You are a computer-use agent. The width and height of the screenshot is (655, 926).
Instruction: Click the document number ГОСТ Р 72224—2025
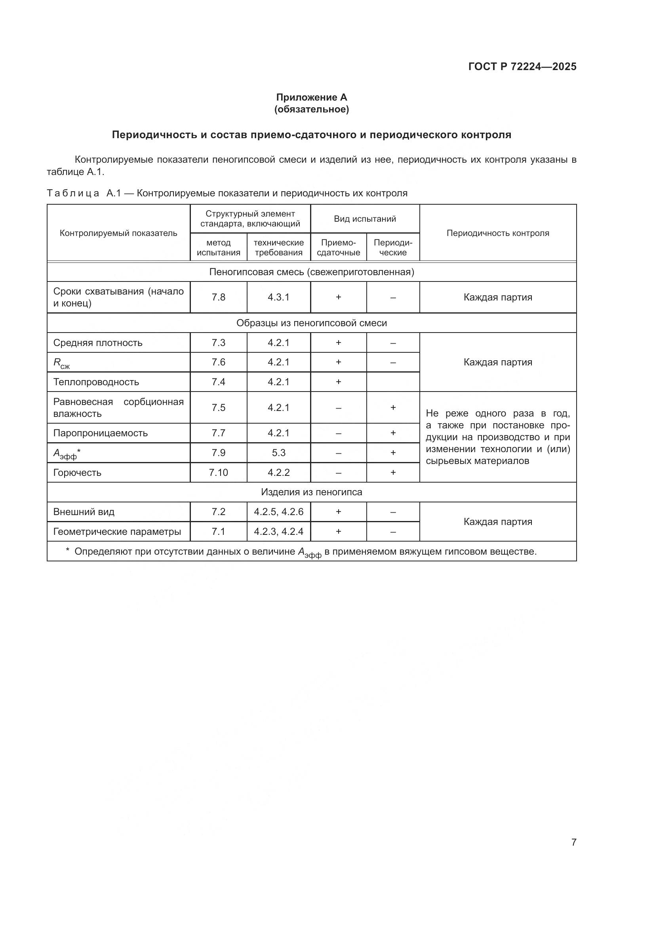pos(522,67)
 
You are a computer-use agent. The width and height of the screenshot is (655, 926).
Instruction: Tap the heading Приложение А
pos(311,97)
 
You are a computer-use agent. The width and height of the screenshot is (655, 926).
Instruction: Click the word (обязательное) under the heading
pos(311,109)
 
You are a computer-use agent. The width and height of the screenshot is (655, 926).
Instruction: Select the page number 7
pos(573,842)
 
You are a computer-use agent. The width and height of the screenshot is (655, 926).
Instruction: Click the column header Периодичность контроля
pos(498,233)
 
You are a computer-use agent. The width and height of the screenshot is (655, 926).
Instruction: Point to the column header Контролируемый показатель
pos(118,233)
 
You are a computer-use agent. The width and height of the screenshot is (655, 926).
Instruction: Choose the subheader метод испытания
pos(218,247)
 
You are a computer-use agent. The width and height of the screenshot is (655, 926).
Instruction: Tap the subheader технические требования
pos(278,247)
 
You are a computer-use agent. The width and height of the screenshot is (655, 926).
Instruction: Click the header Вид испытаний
pos(365,219)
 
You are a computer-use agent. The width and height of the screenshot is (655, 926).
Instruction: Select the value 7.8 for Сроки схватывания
pos(218,297)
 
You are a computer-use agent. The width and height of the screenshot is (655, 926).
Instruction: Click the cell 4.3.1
pos(278,297)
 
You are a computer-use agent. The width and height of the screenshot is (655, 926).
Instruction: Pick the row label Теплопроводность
pos(96,382)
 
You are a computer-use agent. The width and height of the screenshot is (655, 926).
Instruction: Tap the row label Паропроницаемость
pos(101,433)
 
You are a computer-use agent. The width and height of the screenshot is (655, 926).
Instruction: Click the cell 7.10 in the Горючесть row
pos(218,472)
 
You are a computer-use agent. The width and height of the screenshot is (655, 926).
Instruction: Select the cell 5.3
pos(278,453)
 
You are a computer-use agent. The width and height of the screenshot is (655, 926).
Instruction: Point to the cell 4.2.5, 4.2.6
pos(278,512)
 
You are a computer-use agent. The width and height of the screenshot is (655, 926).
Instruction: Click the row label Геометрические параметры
pos(117,532)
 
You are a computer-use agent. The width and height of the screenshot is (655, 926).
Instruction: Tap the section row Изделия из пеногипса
pos(311,492)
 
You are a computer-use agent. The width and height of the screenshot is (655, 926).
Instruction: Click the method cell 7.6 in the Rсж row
pos(218,362)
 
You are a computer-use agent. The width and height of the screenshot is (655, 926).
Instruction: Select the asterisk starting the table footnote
pos(67,550)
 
